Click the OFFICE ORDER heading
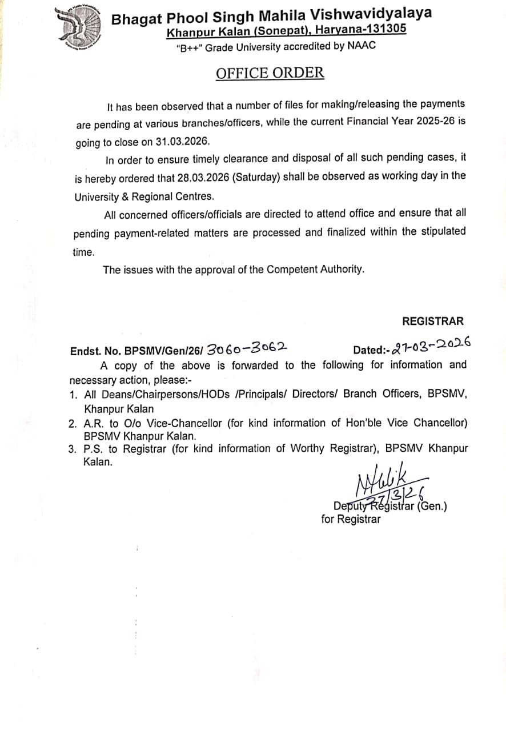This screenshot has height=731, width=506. click(x=270, y=73)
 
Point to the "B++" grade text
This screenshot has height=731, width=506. click(x=189, y=48)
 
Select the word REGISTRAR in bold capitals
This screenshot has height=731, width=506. click(x=433, y=322)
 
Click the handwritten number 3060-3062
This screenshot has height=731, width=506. click(x=246, y=348)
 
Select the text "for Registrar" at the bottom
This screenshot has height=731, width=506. click(x=351, y=519)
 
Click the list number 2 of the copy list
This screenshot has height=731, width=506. click(x=73, y=424)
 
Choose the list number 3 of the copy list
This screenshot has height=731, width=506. click(x=73, y=449)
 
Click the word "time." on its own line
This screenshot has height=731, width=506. click(x=83, y=252)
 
